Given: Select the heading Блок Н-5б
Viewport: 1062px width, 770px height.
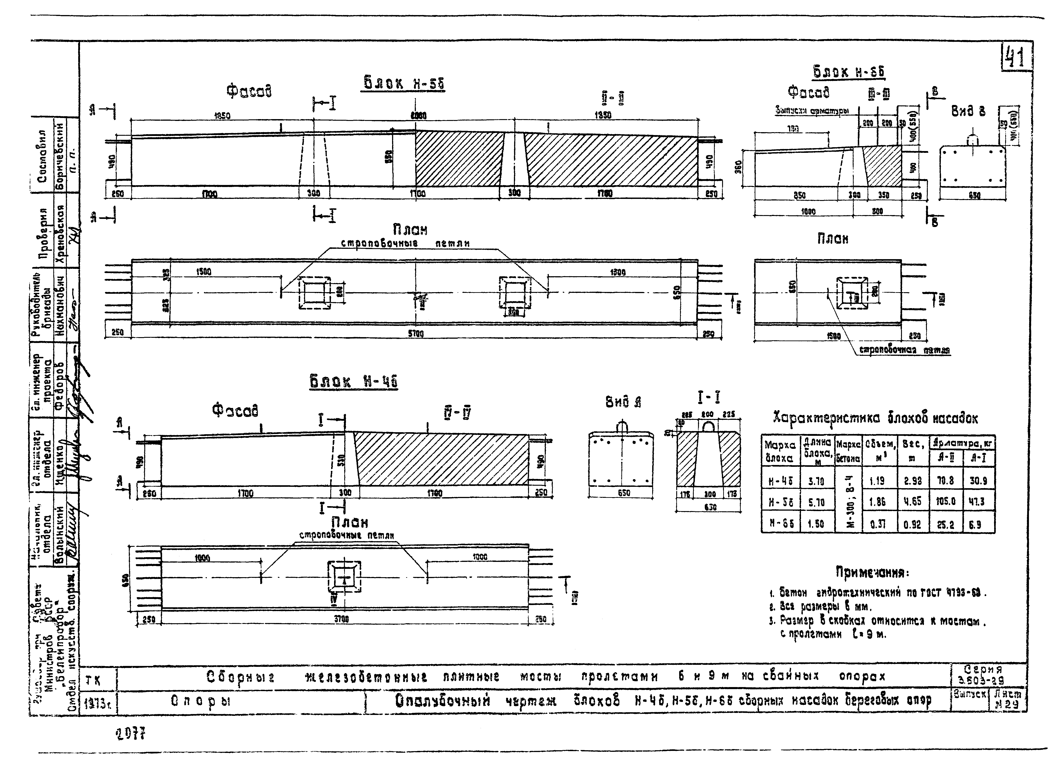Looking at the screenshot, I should tap(404, 83).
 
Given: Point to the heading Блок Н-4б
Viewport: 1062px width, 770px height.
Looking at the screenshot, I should tap(354, 381).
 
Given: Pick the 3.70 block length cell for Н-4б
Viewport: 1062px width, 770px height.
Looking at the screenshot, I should tap(816, 481).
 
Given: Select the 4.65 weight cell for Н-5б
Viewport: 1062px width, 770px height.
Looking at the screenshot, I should tap(912, 502).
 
